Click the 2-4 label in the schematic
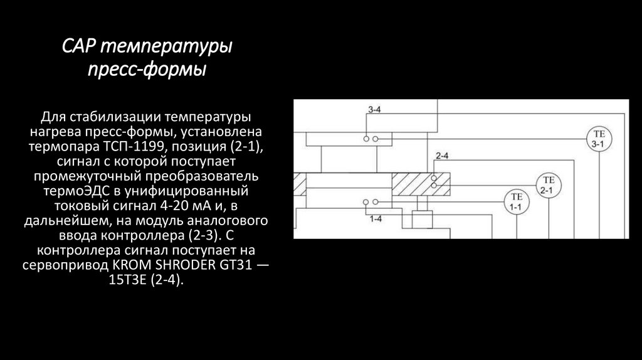441,155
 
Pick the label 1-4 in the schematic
376,219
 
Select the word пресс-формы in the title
146,68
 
